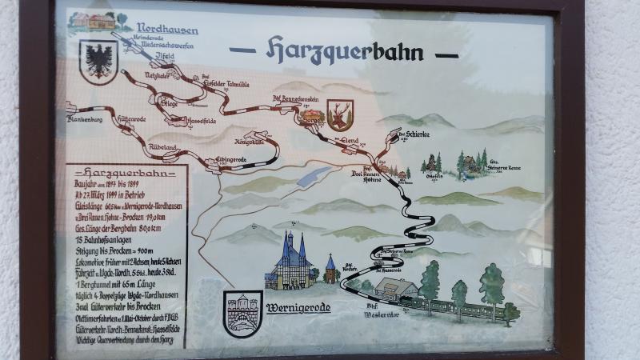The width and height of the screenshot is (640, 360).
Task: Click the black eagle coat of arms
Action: [98, 61]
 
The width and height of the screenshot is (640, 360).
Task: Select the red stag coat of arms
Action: [340, 114]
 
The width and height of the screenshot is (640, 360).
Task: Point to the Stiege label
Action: [170, 103]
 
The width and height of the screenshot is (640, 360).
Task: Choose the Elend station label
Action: [350, 140]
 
